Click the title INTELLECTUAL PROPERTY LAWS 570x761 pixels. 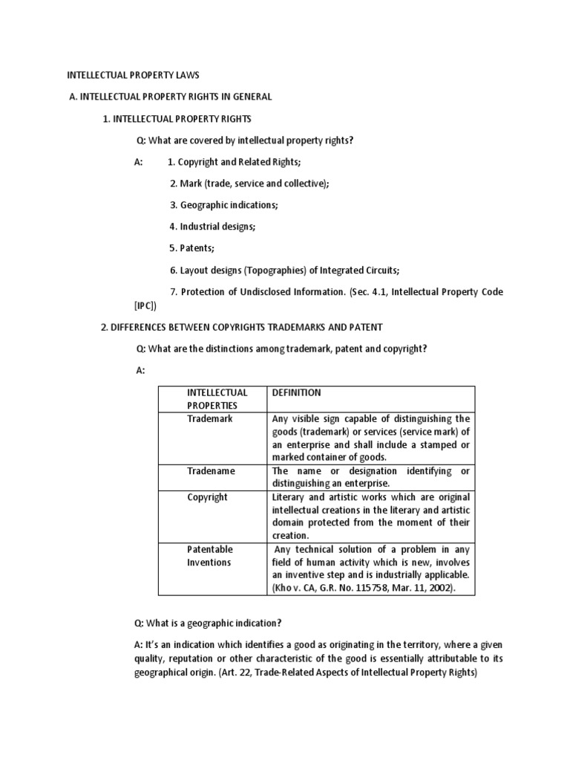coord(134,75)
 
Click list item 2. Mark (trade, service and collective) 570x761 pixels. coord(249,184)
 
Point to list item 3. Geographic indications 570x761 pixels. coord(223,204)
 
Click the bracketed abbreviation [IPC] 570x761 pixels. coord(145,305)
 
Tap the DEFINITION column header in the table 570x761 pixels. coord(297,392)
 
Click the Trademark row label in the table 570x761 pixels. coord(209,419)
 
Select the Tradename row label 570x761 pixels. coord(210,471)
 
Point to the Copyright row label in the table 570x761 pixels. coord(207,497)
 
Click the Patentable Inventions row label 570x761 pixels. coord(209,556)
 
